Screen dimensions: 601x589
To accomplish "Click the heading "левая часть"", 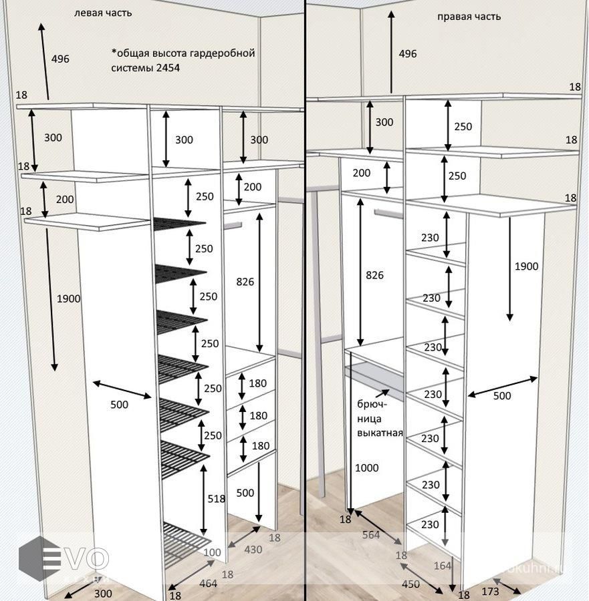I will (103, 13).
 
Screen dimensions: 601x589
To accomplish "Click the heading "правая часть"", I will (469, 17).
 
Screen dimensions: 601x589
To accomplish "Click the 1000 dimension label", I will (367, 467).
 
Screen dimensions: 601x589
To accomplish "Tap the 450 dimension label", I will (410, 584).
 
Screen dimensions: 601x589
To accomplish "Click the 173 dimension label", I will (490, 591).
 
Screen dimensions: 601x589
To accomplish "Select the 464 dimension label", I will (208, 583).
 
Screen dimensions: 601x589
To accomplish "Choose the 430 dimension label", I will (253, 550).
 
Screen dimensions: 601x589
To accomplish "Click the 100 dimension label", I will (212, 552).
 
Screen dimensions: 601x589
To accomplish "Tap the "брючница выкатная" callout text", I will (379, 418).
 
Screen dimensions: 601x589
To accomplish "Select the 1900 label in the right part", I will (526, 266).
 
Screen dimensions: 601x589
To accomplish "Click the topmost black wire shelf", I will (179, 224).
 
